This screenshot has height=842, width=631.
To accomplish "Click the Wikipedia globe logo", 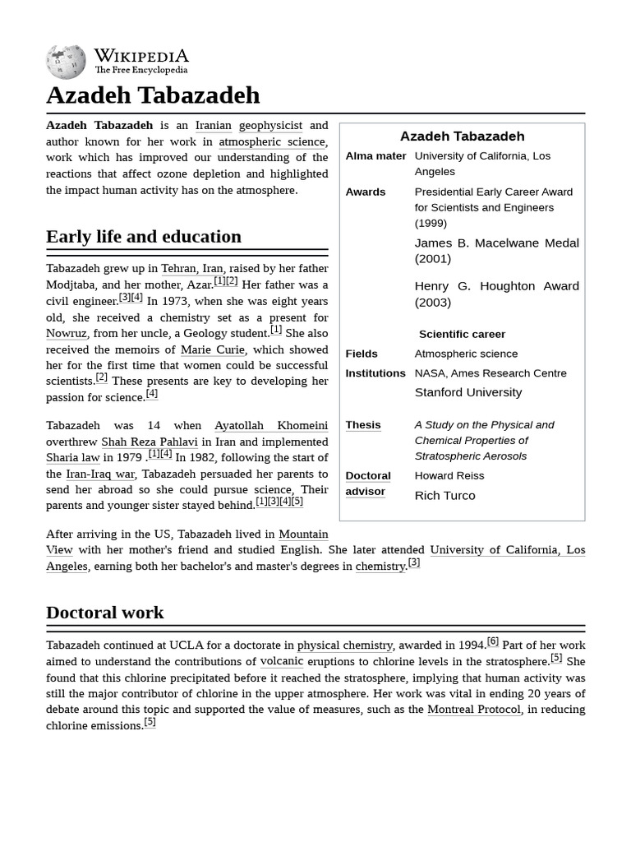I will point(66,62).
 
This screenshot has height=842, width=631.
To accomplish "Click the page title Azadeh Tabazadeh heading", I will point(153,95).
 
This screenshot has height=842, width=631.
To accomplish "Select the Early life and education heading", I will point(144,237).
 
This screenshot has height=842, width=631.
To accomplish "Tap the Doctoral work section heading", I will point(105,613).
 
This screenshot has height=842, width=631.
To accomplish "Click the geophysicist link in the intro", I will point(270,126).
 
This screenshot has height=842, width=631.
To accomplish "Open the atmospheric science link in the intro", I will point(273,142).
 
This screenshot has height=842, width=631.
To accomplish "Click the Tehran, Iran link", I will point(191,269).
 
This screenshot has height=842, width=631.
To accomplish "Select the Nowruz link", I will point(66,334).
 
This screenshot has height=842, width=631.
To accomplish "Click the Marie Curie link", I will point(213,350).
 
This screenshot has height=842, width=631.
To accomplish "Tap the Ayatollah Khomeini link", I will point(270,426).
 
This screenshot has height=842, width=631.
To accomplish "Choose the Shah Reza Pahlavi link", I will point(150,442).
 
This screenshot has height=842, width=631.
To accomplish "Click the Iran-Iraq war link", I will point(100,474).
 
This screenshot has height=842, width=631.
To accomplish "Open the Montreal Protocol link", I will point(474,710).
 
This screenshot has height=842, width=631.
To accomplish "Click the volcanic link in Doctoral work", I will point(282,662).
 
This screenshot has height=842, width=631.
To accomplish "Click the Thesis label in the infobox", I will point(363,425).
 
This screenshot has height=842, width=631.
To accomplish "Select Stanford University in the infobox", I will point(467,393).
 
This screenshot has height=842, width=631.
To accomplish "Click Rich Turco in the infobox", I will point(444,496).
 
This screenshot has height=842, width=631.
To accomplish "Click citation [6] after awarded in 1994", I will point(492,642).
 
